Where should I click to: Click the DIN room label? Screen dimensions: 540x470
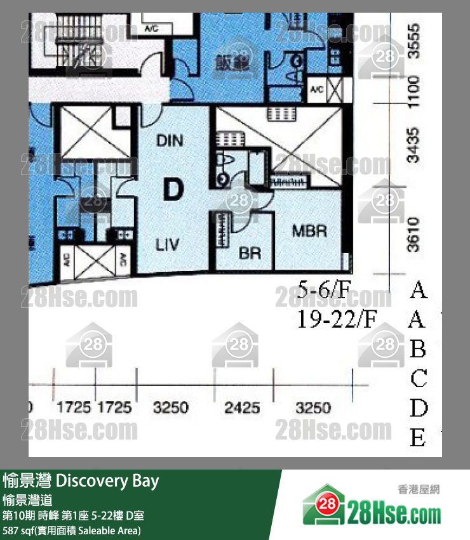pyautogui.click(x=170, y=140)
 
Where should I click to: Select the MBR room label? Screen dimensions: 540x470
pyautogui.click(x=309, y=230)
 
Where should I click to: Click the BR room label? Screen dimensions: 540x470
pyautogui.click(x=250, y=254)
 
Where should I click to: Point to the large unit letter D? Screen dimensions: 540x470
pyautogui.click(x=173, y=189)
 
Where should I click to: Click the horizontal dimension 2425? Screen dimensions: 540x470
pyautogui.click(x=242, y=407)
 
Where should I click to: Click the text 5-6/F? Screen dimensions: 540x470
pyautogui.click(x=323, y=290)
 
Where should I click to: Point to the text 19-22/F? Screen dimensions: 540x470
pyautogui.click(x=337, y=319)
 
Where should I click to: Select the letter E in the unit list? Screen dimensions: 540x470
pyautogui.click(x=417, y=438)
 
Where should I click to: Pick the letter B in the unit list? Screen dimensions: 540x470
pyautogui.click(x=417, y=349)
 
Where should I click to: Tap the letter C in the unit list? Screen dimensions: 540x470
pyautogui.click(x=418, y=379)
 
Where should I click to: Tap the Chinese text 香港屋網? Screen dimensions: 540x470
pyautogui.click(x=419, y=489)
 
